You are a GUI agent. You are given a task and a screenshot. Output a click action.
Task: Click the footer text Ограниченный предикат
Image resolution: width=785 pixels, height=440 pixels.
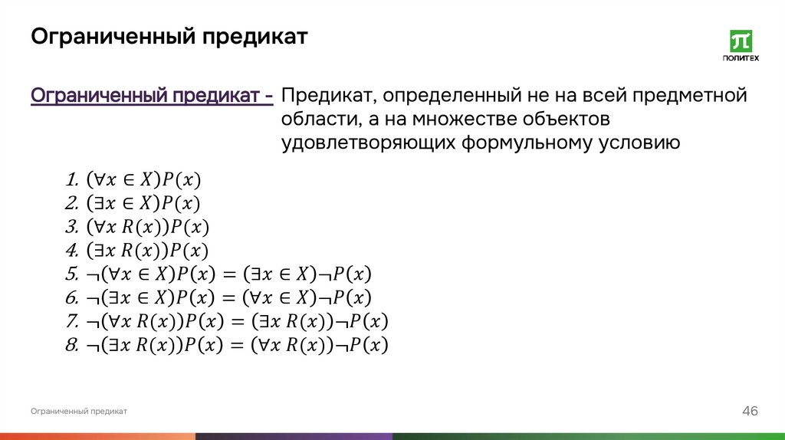coord(79,412)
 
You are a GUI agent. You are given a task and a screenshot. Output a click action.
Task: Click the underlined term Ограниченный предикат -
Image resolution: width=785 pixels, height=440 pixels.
coord(151,97)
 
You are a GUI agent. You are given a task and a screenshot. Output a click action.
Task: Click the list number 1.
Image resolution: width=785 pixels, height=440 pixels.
coord(72,181)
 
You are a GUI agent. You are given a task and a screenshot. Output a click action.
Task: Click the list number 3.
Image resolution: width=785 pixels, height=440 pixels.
coord(72,228)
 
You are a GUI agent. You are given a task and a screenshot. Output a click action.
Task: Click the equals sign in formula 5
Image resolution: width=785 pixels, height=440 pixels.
coord(228,274)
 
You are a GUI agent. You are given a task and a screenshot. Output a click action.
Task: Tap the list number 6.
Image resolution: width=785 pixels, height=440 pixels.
coord(72,297)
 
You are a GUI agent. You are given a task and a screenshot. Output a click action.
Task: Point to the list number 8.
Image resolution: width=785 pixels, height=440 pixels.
coord(72,345)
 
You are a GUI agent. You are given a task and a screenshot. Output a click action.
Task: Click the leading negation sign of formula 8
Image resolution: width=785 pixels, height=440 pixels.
coord(92,346)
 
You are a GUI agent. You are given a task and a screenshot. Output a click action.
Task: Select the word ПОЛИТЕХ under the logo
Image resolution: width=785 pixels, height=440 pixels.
coord(741,58)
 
